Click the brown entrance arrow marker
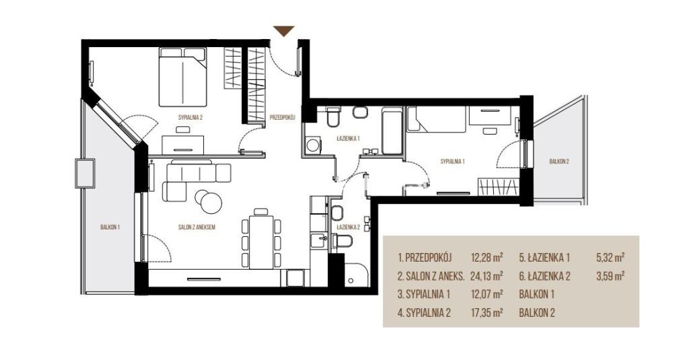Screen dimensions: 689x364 tap(283, 31)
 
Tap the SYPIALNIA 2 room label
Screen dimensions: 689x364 tap(190, 117)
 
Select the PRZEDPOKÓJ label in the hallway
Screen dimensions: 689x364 tap(282, 117)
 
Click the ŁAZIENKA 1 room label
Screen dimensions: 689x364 tap(348, 139)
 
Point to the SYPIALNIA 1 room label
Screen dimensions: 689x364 tap(453, 161)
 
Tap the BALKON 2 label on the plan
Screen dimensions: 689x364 tap(559, 161)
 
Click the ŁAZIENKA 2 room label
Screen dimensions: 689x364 tap(349, 227)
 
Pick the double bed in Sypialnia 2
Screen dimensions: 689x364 tap(182, 77)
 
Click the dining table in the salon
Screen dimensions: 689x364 tap(261, 241)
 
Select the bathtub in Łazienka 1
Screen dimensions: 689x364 tap(392, 131)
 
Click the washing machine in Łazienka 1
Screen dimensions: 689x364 tap(314, 145)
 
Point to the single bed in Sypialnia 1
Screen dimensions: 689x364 tap(436, 119)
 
